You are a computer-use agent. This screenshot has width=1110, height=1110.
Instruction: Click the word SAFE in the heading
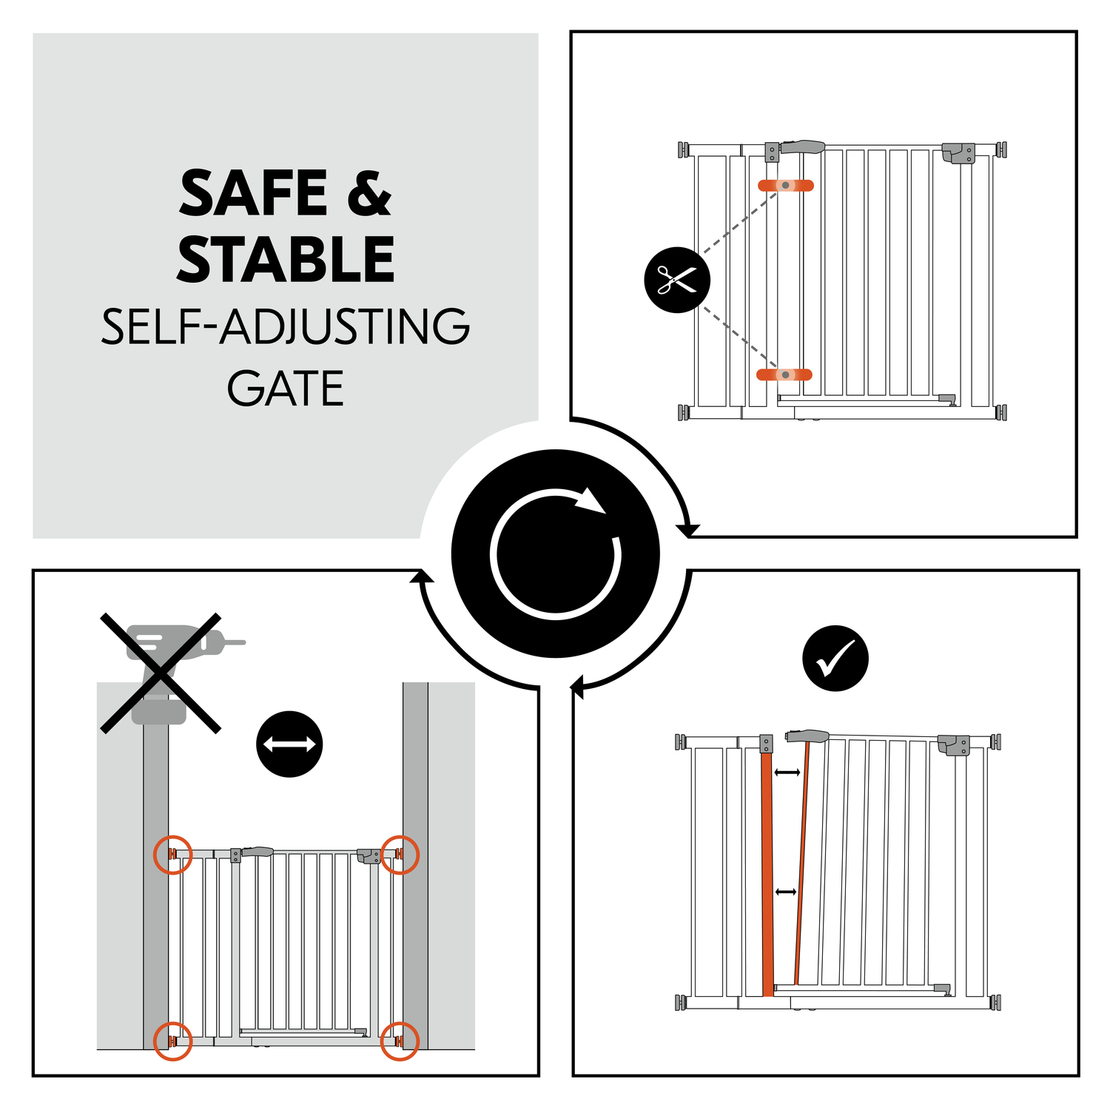pos(253,193)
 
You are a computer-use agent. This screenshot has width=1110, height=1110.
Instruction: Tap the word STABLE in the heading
pos(286,259)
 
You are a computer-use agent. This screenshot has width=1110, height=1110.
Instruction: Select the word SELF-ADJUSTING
pos(286,326)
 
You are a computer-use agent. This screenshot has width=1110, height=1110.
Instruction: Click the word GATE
pos(286,389)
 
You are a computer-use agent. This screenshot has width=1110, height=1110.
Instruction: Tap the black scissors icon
pos(677,280)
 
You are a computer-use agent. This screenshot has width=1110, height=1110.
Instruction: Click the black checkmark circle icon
pos(835,659)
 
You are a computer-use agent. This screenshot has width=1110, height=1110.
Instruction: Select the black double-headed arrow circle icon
pos(289,744)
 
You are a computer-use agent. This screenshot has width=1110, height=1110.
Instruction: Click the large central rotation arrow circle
pos(556,554)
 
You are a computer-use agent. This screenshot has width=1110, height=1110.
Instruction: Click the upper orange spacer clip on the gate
pos(785,185)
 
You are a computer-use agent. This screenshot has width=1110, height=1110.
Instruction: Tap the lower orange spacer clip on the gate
pos(784,374)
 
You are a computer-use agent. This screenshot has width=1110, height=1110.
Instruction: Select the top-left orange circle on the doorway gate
pos(172,855)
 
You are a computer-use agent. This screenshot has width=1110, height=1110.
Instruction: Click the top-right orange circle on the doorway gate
pos(400,855)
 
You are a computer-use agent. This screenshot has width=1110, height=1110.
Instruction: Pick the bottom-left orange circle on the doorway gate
pos(172,1040)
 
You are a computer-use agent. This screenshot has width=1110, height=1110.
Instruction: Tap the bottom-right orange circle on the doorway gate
pos(400,1040)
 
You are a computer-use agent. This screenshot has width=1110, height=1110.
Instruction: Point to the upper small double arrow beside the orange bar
pos(787,773)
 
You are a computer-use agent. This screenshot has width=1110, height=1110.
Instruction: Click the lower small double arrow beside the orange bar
pos(786,892)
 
